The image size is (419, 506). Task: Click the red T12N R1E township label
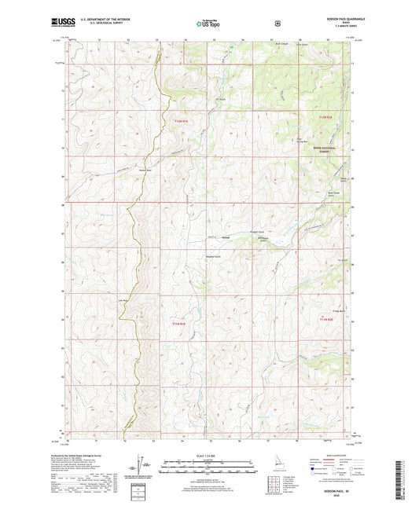[x=182, y=121]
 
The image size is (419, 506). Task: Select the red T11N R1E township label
[x=179, y=324]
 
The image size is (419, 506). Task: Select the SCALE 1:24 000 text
[x=208, y=456]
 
